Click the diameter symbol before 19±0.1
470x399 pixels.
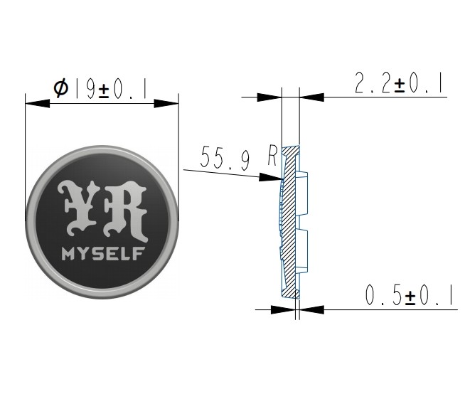[61, 87]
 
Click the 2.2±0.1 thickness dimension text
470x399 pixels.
[399, 83]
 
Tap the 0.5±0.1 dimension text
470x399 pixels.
[409, 295]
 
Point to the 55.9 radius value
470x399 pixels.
[225, 158]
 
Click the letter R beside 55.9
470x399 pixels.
[272, 156]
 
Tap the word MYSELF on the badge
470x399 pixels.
[103, 254]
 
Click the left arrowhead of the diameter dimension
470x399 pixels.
[38, 103]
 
